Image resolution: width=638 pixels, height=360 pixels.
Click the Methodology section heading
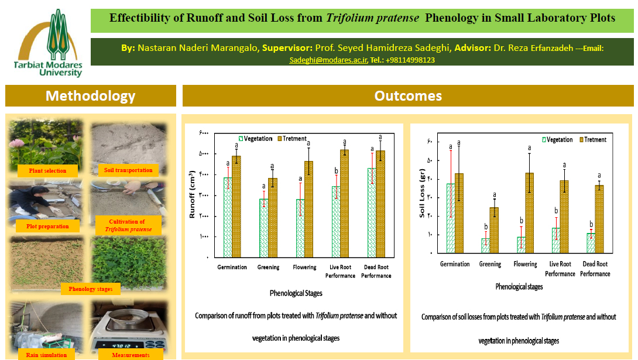pos(90,96)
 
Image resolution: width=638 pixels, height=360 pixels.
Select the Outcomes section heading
pos(408,96)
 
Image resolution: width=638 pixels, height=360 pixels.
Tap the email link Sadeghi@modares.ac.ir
pos(327,60)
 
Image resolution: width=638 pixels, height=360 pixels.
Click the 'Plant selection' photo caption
pos(47,171)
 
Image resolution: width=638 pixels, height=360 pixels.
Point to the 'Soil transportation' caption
pos(128,170)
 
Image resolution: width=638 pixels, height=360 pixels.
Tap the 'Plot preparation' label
pos(47,226)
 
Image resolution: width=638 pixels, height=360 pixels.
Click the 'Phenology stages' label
pos(91,289)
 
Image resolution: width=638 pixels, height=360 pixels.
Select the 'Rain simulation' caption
pos(47,355)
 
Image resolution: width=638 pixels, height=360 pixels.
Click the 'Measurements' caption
pos(131,355)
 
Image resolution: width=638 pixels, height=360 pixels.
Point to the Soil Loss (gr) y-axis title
pos(423,194)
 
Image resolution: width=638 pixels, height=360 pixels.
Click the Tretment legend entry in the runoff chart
pos(292,139)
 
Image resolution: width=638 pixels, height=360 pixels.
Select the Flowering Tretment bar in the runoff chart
pos(308,209)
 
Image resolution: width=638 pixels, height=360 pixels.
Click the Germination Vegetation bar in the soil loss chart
pos(450,218)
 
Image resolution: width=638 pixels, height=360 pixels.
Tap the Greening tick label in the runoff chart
pos(268,268)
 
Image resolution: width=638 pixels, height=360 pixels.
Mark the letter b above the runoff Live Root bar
pos(336,171)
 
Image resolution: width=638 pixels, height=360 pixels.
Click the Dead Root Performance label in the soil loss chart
pos(595,269)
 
